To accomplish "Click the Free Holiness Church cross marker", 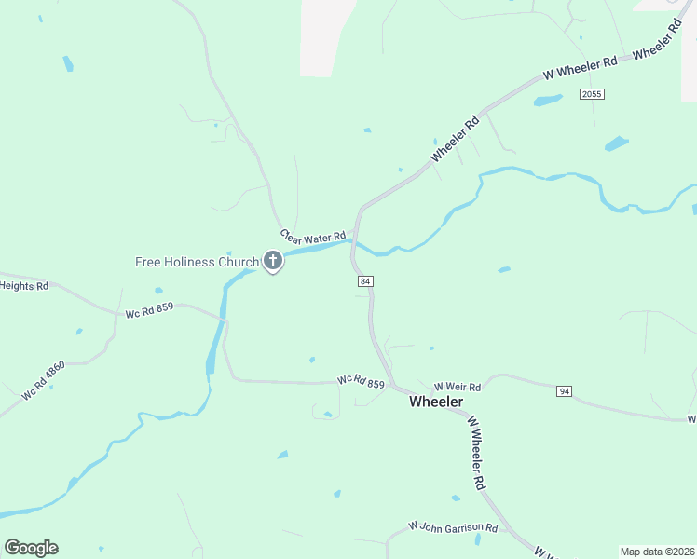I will pyautogui.click(x=273, y=262).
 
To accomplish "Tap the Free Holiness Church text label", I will pyautogui.click(x=197, y=262).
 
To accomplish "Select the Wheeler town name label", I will pyautogui.click(x=436, y=402).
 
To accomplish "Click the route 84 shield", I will pyautogui.click(x=365, y=280).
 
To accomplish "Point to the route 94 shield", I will pyautogui.click(x=564, y=391).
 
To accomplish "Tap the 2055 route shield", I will pyautogui.click(x=591, y=94).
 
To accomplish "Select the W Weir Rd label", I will pyautogui.click(x=458, y=387).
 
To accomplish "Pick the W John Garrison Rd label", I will pyautogui.click(x=454, y=527).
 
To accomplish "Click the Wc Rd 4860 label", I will pyautogui.click(x=44, y=381).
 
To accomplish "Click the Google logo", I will pyautogui.click(x=31, y=547).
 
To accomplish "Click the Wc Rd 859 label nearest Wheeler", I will pyautogui.click(x=362, y=381).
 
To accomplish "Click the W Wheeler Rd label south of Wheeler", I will pyautogui.click(x=477, y=454).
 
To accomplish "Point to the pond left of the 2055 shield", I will pyautogui.click(x=547, y=100).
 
